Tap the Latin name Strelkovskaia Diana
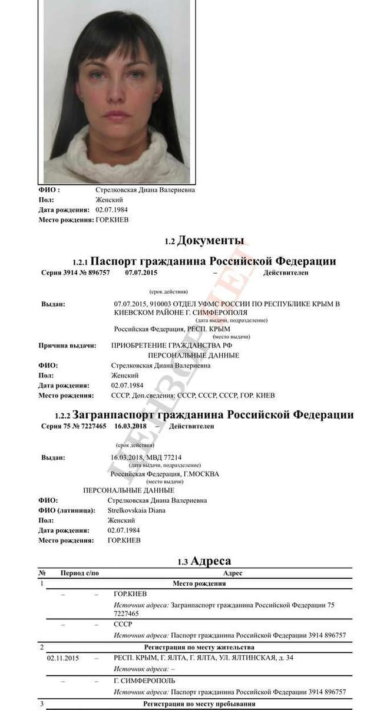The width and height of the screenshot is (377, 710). point(136,510)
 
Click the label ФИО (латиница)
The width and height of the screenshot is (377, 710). point(67,510)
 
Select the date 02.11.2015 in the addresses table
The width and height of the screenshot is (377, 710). point(62,657)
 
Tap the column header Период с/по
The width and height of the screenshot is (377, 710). point(80,573)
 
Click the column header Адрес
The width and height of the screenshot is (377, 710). point(233,573)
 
